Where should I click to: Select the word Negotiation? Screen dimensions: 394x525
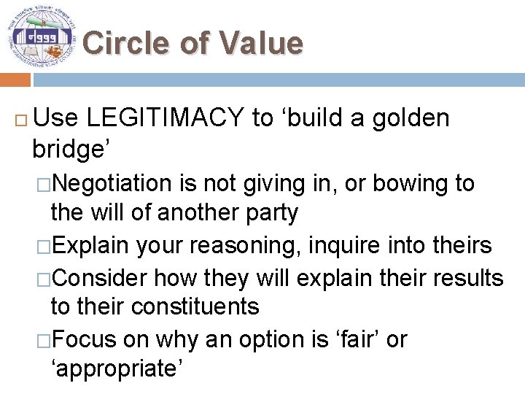point(114,183)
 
